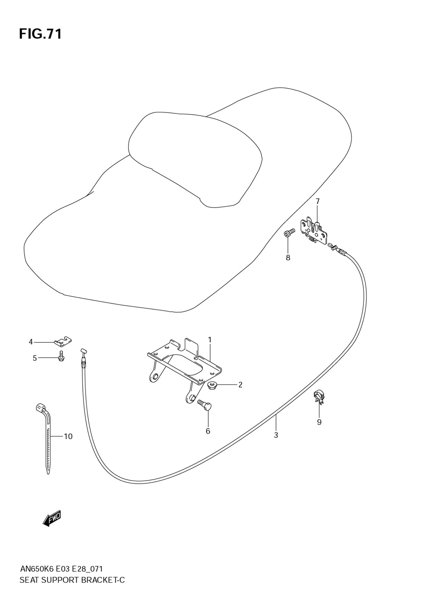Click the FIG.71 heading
[40, 34]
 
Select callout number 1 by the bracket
[209, 340]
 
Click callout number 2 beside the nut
[240, 385]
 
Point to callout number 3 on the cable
[276, 435]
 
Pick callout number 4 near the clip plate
[31, 342]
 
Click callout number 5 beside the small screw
[35, 358]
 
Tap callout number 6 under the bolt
[208, 431]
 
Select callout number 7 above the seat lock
[317, 201]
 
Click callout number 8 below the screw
[288, 258]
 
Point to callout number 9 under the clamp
[319, 422]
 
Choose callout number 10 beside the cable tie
[68, 436]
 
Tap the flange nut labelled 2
[212, 385]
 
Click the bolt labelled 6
[205, 405]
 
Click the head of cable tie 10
[40, 407]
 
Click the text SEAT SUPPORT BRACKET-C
[72, 580]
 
